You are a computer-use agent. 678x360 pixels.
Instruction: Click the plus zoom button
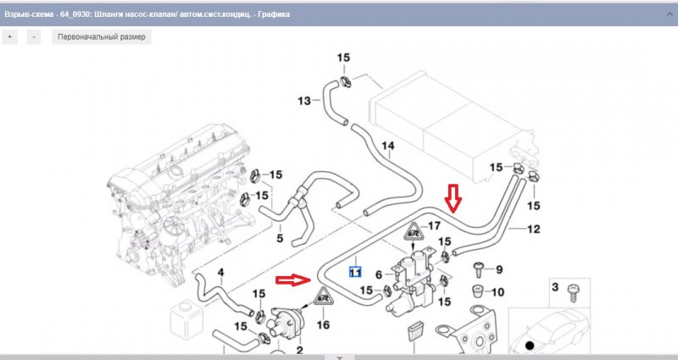[10, 37]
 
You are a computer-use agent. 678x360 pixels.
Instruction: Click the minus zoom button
[33, 37]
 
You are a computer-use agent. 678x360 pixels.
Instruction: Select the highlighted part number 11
[356, 273]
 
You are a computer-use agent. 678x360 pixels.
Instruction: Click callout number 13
[304, 102]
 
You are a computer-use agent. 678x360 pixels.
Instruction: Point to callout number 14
[387, 147]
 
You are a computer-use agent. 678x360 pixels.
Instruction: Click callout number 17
[434, 225]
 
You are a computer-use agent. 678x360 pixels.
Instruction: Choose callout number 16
[322, 324]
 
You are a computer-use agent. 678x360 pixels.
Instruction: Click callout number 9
[498, 270]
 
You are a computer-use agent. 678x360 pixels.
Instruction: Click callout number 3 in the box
[556, 289]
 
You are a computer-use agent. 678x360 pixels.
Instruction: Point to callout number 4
[221, 273]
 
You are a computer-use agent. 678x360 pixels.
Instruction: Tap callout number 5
[281, 238]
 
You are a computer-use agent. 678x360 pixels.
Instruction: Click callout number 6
[379, 274]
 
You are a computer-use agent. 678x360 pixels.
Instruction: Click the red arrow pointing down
[453, 197]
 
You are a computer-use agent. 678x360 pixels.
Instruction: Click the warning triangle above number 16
[323, 298]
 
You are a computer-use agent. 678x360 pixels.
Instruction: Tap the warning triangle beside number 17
[414, 230]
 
